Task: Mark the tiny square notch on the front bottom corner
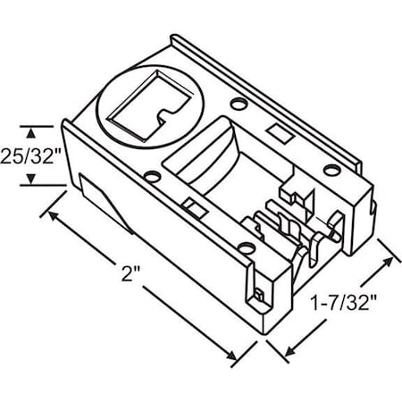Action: pyautogui.click(x=258, y=293)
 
